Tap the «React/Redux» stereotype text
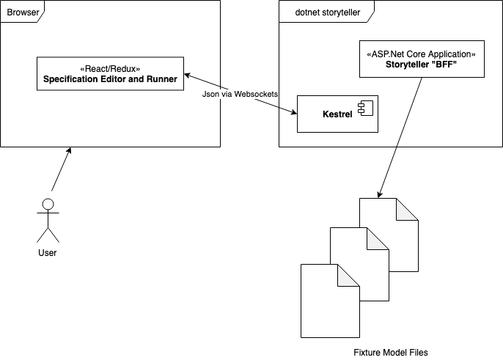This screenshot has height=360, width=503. tap(110, 67)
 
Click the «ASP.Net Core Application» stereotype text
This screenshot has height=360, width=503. tap(421, 54)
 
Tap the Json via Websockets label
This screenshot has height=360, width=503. tap(239, 95)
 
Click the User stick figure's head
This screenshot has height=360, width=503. tap(48, 204)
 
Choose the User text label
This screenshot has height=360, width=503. tap(47, 253)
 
